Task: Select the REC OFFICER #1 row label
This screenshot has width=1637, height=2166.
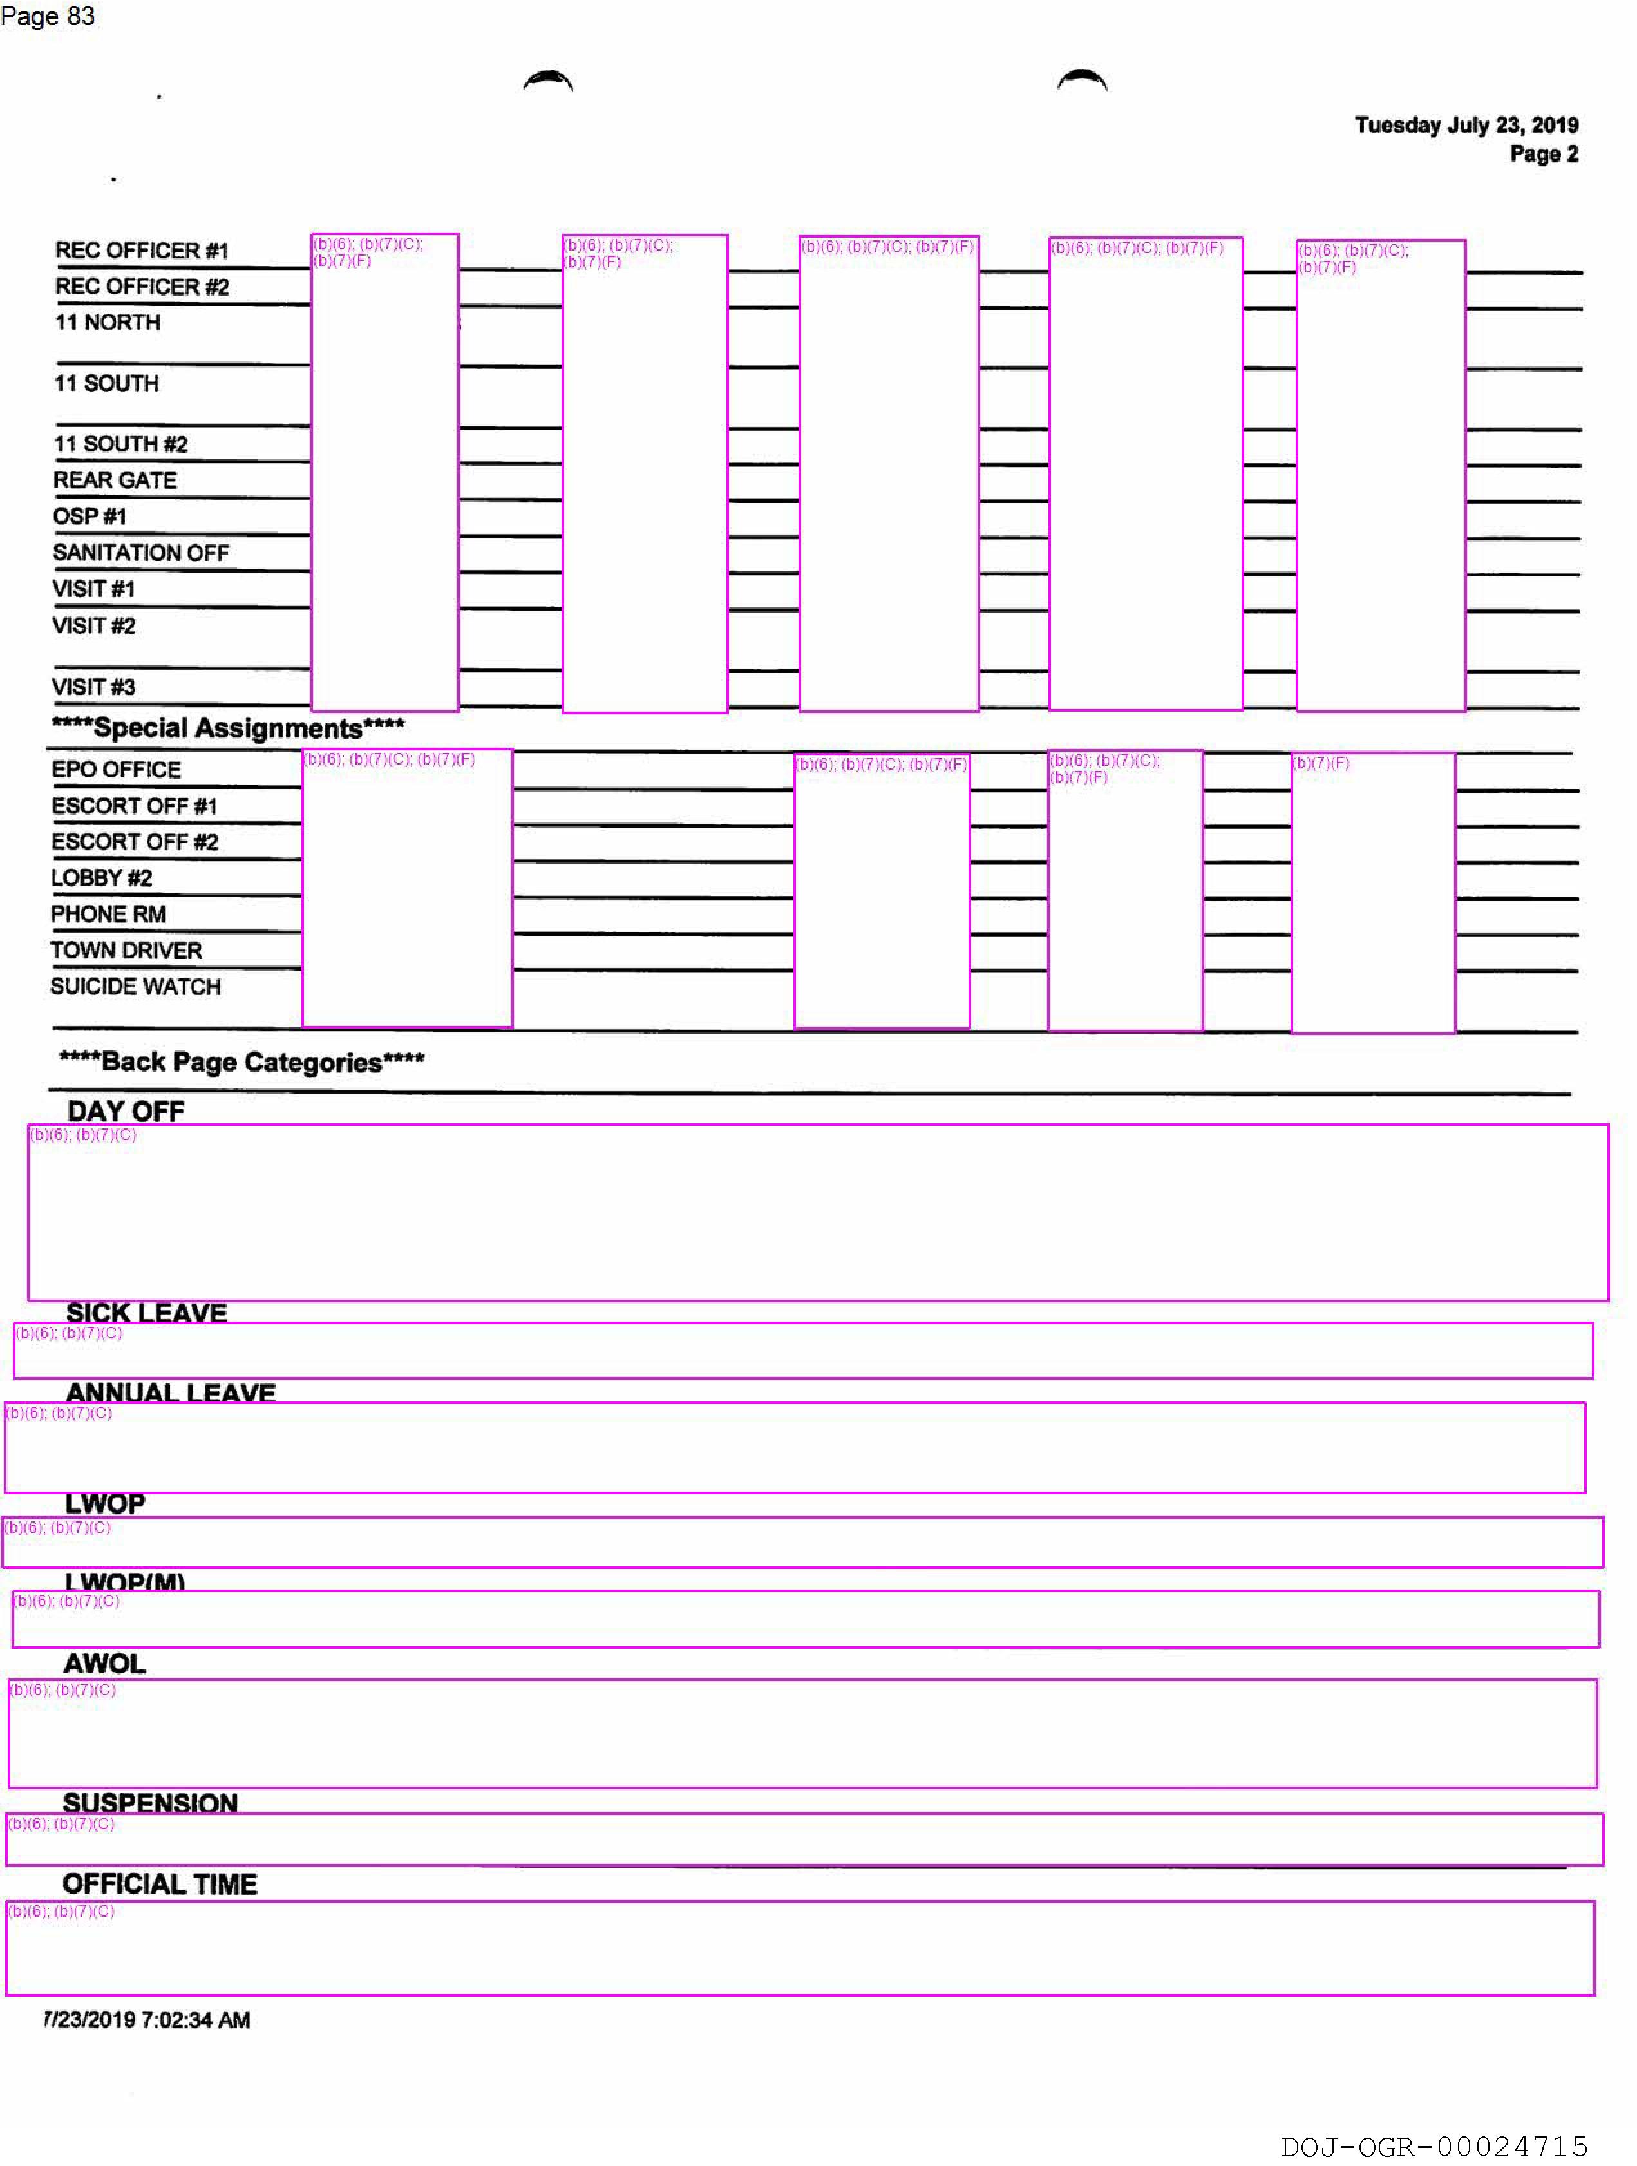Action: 141,251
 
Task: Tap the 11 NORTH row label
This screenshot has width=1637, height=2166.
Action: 108,322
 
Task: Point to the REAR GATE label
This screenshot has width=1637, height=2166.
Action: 115,480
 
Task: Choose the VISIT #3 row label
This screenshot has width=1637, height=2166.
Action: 93,687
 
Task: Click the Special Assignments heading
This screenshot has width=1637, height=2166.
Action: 228,728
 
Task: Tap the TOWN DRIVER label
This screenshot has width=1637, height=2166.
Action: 126,950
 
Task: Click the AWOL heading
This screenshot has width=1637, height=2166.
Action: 104,1663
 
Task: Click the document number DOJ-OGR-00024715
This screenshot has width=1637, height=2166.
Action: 1434,2147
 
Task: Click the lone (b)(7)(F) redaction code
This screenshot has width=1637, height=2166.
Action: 1321,763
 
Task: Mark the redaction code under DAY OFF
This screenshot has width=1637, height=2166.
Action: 83,1135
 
